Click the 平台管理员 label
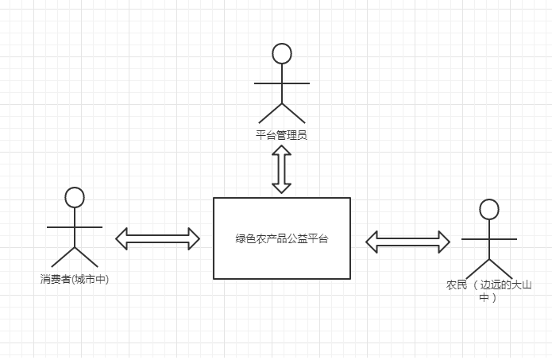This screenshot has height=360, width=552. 281,134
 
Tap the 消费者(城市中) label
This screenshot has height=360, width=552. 75,279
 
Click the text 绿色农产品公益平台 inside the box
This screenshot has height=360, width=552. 281,238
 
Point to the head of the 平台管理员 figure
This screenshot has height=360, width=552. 282,53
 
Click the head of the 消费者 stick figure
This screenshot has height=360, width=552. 75,197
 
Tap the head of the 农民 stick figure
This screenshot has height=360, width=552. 489,209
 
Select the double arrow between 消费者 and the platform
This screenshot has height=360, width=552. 157,238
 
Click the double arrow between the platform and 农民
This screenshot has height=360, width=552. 407,241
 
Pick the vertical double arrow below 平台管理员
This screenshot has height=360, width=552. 281,169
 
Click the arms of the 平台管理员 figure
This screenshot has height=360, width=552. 282,83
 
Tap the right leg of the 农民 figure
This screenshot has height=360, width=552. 501,269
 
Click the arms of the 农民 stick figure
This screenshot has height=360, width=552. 489,238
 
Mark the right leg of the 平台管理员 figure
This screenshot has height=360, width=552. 294,112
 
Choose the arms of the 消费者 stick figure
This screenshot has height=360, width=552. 75,227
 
